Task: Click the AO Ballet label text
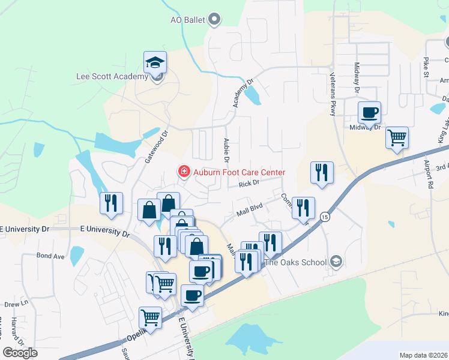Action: [187, 20]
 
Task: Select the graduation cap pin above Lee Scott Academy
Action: [155, 62]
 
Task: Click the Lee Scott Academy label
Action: [112, 76]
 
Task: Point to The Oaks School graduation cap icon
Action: [337, 262]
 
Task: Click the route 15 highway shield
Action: [325, 217]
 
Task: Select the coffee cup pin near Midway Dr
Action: [369, 112]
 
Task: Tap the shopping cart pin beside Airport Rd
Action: [397, 137]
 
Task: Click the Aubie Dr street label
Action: [226, 150]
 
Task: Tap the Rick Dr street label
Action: [248, 183]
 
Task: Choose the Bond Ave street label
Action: [50, 256]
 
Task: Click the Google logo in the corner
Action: [20, 352]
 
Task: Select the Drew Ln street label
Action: [16, 304]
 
